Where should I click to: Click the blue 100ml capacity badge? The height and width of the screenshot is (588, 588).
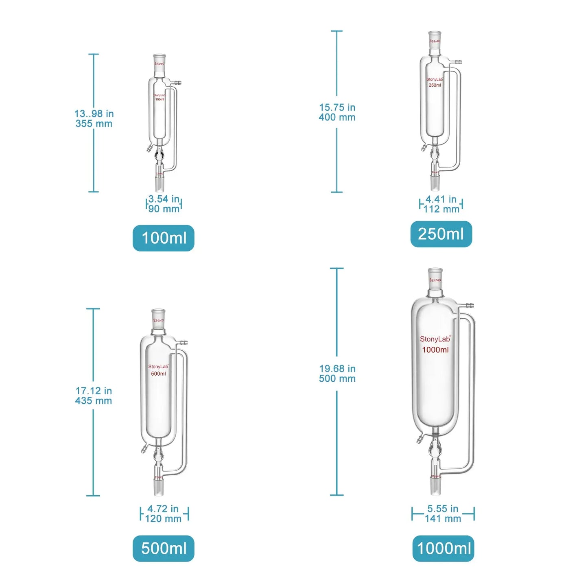point(164,238)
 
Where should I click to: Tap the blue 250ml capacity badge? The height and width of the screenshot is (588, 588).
point(441,234)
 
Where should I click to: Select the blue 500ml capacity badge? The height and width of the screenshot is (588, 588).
point(164,548)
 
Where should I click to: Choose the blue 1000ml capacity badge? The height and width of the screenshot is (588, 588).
point(444,548)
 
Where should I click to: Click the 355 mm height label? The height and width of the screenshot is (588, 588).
point(94,124)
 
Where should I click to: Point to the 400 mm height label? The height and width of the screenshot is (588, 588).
point(337,118)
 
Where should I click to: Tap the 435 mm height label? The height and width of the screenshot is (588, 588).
point(94,401)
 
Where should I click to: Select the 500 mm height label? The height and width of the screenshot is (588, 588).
point(337,379)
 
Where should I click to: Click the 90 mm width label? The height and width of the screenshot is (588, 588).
point(164,209)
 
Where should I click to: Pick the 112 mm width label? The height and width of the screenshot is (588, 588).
point(441,209)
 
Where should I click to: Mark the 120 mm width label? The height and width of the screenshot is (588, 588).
point(163,519)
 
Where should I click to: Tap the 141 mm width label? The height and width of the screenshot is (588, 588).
point(443,519)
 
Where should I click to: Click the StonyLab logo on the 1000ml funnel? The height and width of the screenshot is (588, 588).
point(435,339)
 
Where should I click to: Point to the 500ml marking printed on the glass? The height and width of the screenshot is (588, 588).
point(158,374)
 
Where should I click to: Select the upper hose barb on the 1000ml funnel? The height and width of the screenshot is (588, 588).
point(468,304)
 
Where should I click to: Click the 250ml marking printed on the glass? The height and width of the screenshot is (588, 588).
point(435,85)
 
